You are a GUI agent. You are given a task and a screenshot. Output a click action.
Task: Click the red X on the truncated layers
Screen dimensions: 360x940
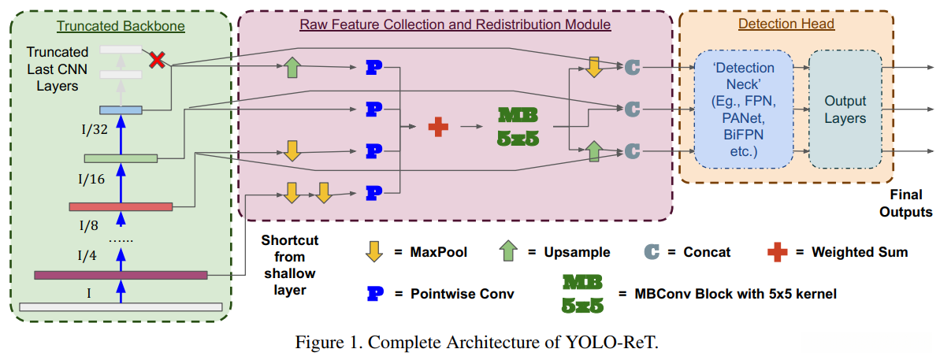point(158,59)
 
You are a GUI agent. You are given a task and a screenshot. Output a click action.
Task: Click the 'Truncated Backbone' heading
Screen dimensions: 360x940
point(121,26)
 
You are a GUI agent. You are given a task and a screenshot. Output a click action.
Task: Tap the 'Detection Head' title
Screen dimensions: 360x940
point(786,24)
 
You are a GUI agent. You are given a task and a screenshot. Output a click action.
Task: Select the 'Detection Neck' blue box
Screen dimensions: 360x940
point(743,110)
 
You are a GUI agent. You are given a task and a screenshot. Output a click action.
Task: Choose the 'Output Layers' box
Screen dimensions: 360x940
point(845,109)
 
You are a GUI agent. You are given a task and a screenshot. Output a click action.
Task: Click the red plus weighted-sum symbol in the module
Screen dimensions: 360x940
point(438,126)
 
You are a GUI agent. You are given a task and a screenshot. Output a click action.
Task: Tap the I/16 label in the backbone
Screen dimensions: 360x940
point(91,180)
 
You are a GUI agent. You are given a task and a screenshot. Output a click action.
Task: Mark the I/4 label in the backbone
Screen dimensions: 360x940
point(87,255)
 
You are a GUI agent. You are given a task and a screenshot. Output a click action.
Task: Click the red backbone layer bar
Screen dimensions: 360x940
point(121,206)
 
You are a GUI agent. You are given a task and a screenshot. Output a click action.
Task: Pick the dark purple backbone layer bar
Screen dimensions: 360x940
point(121,275)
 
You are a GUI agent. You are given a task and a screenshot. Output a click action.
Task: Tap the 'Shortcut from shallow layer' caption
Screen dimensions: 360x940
point(289,265)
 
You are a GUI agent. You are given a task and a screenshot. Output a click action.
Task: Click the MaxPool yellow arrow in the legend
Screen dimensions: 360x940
point(374,252)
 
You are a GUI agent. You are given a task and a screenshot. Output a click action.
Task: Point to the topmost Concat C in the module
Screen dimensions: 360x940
point(631,68)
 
